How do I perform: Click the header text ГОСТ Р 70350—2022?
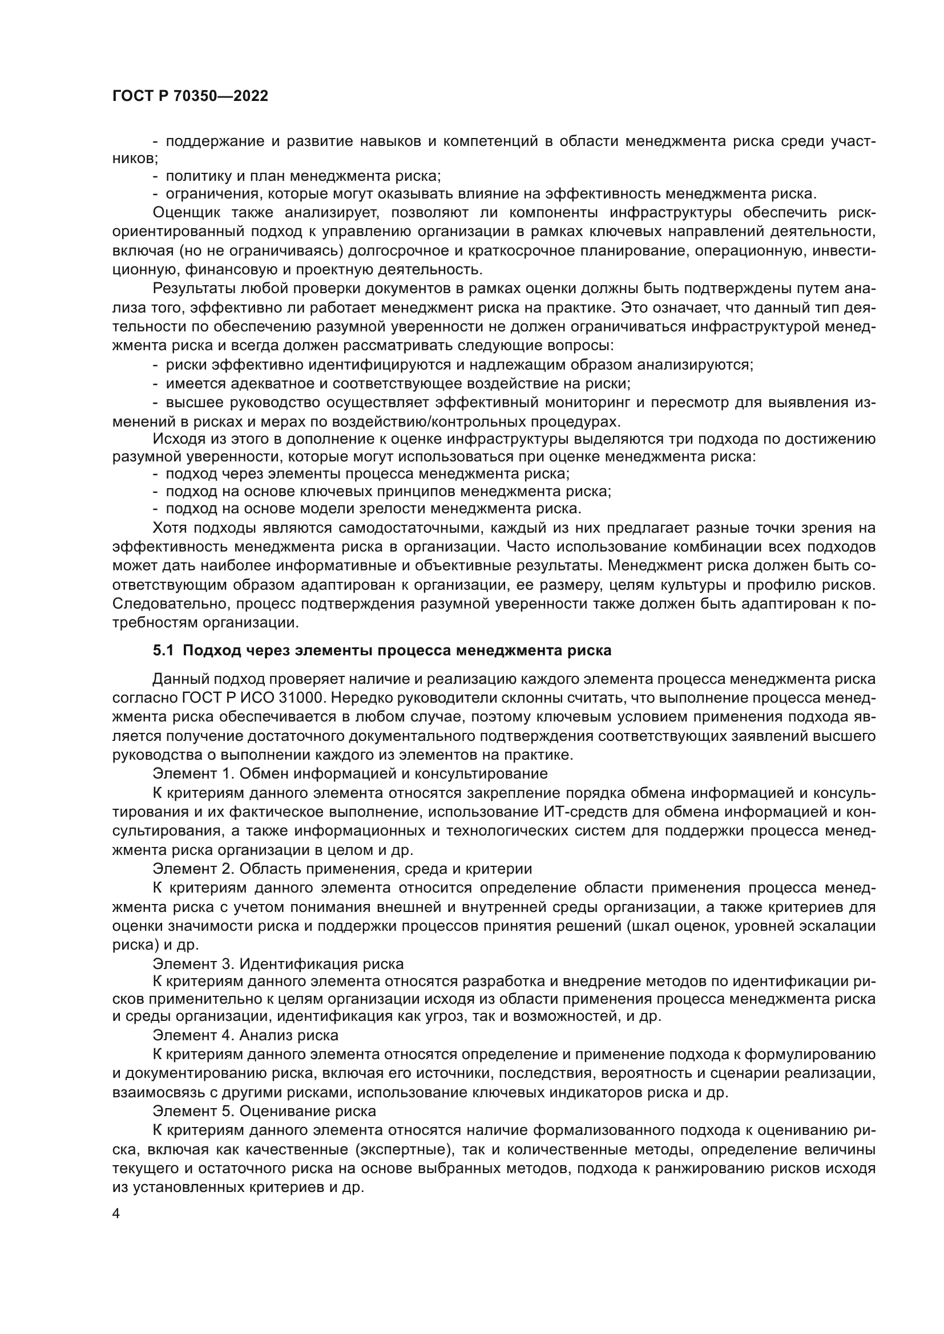coord(190,96)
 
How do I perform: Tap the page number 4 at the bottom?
coord(116,1214)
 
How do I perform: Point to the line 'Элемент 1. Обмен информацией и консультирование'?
coord(350,773)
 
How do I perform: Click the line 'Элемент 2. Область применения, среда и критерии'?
coord(342,869)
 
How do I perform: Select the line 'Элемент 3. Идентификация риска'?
coord(278,964)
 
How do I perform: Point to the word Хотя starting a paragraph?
coord(168,528)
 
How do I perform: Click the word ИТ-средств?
coord(586,812)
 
